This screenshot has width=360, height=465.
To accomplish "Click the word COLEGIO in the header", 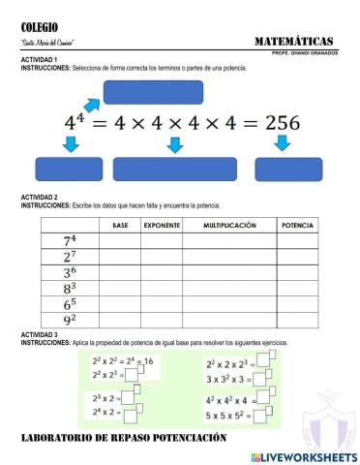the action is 40,27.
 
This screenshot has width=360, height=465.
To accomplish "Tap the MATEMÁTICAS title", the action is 294,41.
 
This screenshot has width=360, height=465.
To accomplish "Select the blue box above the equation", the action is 152,92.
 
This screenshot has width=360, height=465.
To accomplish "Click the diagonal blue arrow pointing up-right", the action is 91,103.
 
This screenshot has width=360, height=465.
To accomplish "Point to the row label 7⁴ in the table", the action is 70,241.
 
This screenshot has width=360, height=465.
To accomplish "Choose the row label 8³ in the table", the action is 70,288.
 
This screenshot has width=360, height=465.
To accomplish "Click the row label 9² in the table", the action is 70,319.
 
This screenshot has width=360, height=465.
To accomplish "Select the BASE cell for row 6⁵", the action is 120,303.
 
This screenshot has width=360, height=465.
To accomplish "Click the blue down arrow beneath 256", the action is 282,143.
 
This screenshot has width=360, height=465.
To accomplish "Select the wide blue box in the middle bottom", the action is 175,169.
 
